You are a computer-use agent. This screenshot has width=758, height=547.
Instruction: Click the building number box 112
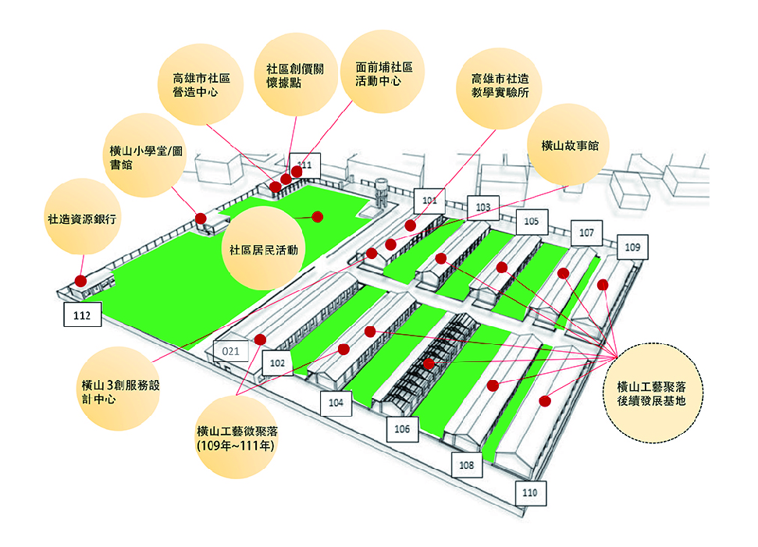click(x=83, y=314)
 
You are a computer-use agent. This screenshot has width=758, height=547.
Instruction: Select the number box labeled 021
click(x=230, y=351)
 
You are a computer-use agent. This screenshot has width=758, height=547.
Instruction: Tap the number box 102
click(x=277, y=363)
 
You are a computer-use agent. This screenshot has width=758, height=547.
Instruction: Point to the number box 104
click(x=336, y=403)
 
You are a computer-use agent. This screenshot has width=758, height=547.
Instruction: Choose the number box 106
click(x=402, y=429)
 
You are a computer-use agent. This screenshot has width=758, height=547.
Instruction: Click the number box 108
click(x=467, y=465)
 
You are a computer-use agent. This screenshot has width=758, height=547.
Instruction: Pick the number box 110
click(x=530, y=493)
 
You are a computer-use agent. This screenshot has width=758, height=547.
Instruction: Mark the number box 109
click(x=632, y=247)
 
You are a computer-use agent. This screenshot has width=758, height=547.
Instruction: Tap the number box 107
click(x=586, y=233)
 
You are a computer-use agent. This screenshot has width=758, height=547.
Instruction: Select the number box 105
click(x=532, y=222)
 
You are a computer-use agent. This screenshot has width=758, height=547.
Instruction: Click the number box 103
click(x=483, y=208)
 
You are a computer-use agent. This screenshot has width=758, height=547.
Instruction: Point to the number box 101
click(x=429, y=201)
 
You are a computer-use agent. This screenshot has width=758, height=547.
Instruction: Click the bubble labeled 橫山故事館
click(x=570, y=145)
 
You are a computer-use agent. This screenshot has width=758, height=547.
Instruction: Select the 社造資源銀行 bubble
click(x=82, y=218)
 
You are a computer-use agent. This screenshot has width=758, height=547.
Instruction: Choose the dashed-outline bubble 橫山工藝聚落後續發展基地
click(x=652, y=392)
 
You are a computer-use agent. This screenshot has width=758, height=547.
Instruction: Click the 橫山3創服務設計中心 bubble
click(x=119, y=389)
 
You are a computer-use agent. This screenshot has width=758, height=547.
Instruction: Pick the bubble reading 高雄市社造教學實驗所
click(x=500, y=88)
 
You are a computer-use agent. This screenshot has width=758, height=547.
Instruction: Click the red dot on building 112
click(x=80, y=281)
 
